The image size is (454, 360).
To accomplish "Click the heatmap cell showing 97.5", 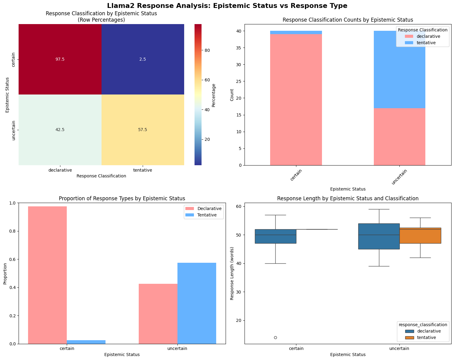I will coord(60,59).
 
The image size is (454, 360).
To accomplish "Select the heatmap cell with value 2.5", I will coord(143,59).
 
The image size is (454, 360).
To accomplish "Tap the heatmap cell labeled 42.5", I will coord(60,130).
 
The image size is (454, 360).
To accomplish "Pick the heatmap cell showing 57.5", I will coord(143,130).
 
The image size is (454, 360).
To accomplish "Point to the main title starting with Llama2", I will coord(227,5).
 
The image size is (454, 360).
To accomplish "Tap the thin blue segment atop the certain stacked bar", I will coord(296,33).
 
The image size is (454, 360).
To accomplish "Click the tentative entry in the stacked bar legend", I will coord(427,43).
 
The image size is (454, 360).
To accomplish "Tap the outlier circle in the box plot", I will coord(275,337).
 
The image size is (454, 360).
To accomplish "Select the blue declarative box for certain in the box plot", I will coord(275,236).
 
